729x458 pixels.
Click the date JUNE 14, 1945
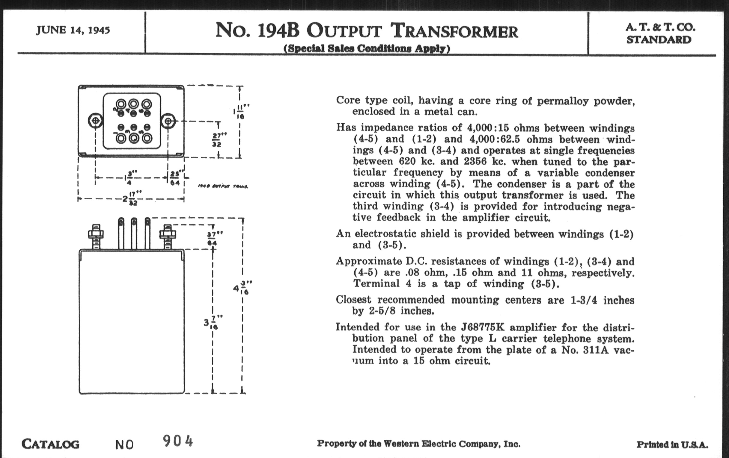pyautogui.click(x=73, y=30)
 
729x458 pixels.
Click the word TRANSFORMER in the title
pyautogui.click(x=454, y=31)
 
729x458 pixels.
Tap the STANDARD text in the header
pyautogui.click(x=659, y=40)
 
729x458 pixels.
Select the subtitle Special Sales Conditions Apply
pyautogui.click(x=367, y=48)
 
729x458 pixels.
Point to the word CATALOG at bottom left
pyautogui.click(x=51, y=444)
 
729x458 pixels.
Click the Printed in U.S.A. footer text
pyautogui.click(x=672, y=445)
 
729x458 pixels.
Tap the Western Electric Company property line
pyautogui.click(x=419, y=444)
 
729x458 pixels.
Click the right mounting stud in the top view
pyautogui.click(x=168, y=122)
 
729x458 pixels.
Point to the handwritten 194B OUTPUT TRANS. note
pyautogui.click(x=223, y=186)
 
